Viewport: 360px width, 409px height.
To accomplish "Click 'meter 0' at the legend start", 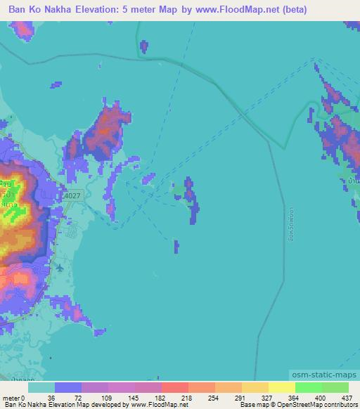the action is tap(14, 397).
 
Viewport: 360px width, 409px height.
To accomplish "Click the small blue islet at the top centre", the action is tap(144, 46).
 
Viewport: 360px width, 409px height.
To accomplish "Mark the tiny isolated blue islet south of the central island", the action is tap(176, 246).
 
